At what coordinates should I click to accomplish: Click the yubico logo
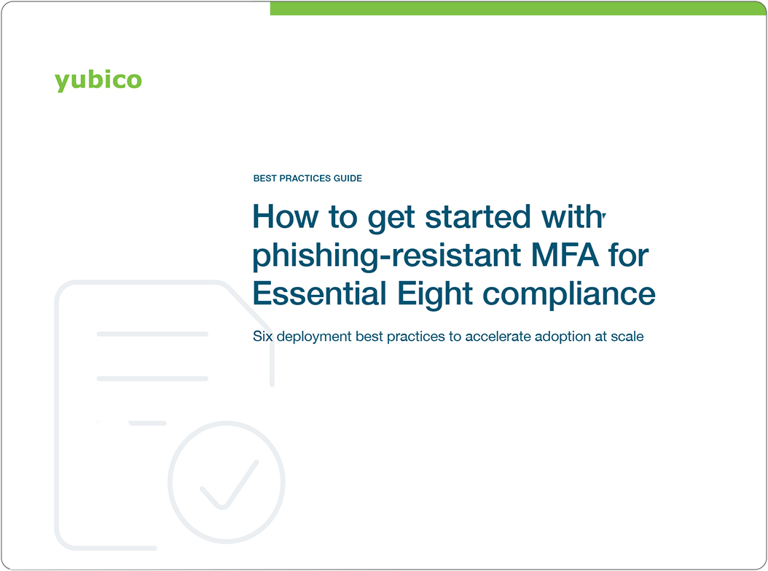tap(98, 80)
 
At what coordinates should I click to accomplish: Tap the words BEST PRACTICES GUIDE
tap(307, 178)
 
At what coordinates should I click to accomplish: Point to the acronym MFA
tap(559, 256)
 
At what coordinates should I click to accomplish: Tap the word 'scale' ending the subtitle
tap(627, 337)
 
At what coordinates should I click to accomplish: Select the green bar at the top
tap(518, 8)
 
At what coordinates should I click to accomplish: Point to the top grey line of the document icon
tap(152, 334)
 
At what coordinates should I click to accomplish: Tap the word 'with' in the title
tap(572, 217)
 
